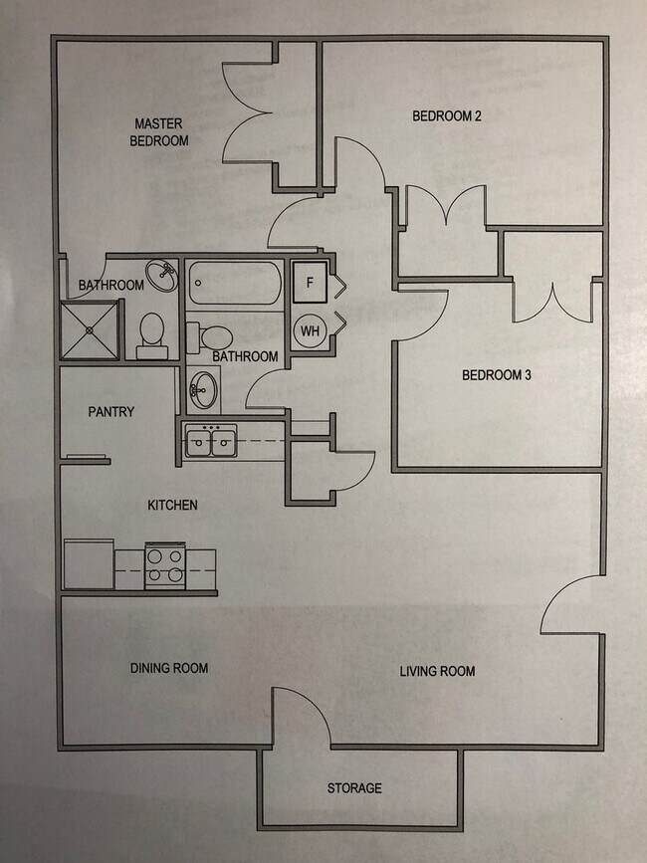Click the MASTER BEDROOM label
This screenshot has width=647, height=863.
(161, 132)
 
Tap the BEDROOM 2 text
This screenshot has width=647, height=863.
(447, 116)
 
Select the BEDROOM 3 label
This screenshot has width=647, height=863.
(497, 375)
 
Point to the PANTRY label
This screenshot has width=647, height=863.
(110, 411)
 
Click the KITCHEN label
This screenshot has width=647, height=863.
(172, 505)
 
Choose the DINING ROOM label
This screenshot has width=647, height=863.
(169, 668)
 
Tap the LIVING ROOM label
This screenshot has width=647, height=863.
(437, 671)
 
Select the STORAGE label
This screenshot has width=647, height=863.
(354, 788)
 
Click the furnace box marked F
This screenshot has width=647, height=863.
(310, 283)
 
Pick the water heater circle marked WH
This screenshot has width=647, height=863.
(310, 329)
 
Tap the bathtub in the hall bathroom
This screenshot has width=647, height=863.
(233, 283)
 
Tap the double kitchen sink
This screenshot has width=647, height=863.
(211, 441)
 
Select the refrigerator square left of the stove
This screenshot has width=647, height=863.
(89, 564)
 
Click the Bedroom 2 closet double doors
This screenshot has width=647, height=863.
(447, 210)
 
